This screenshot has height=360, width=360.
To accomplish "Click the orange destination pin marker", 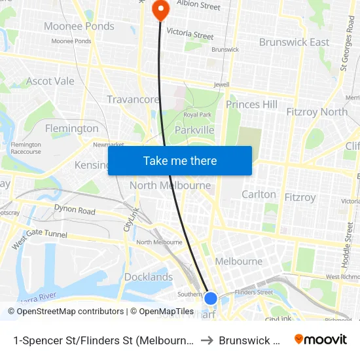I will pyautogui.click(x=160, y=9).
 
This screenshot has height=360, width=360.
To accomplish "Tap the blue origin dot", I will pyautogui.click(x=211, y=298).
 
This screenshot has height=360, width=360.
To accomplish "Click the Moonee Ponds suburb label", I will pyautogui.click(x=79, y=26).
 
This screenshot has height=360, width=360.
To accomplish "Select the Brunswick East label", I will pyautogui.click(x=294, y=42).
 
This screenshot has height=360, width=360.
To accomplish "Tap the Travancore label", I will pyautogui.click(x=133, y=99).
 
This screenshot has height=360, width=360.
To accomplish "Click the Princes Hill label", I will pyautogui.click(x=251, y=104).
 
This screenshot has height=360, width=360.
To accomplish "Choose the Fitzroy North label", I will pyautogui.click(x=317, y=112).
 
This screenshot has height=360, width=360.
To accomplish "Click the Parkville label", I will pyautogui.click(x=194, y=130).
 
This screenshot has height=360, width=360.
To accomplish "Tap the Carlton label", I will pyautogui.click(x=259, y=194).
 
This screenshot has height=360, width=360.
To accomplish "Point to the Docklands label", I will pyautogui.click(x=149, y=277).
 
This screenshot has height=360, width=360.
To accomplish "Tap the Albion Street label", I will pyautogui.click(x=198, y=6).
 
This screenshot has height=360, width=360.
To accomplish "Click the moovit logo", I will pyautogui.click(x=321, y=339).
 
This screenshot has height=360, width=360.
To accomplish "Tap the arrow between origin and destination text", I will pyautogui.click(x=206, y=340).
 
